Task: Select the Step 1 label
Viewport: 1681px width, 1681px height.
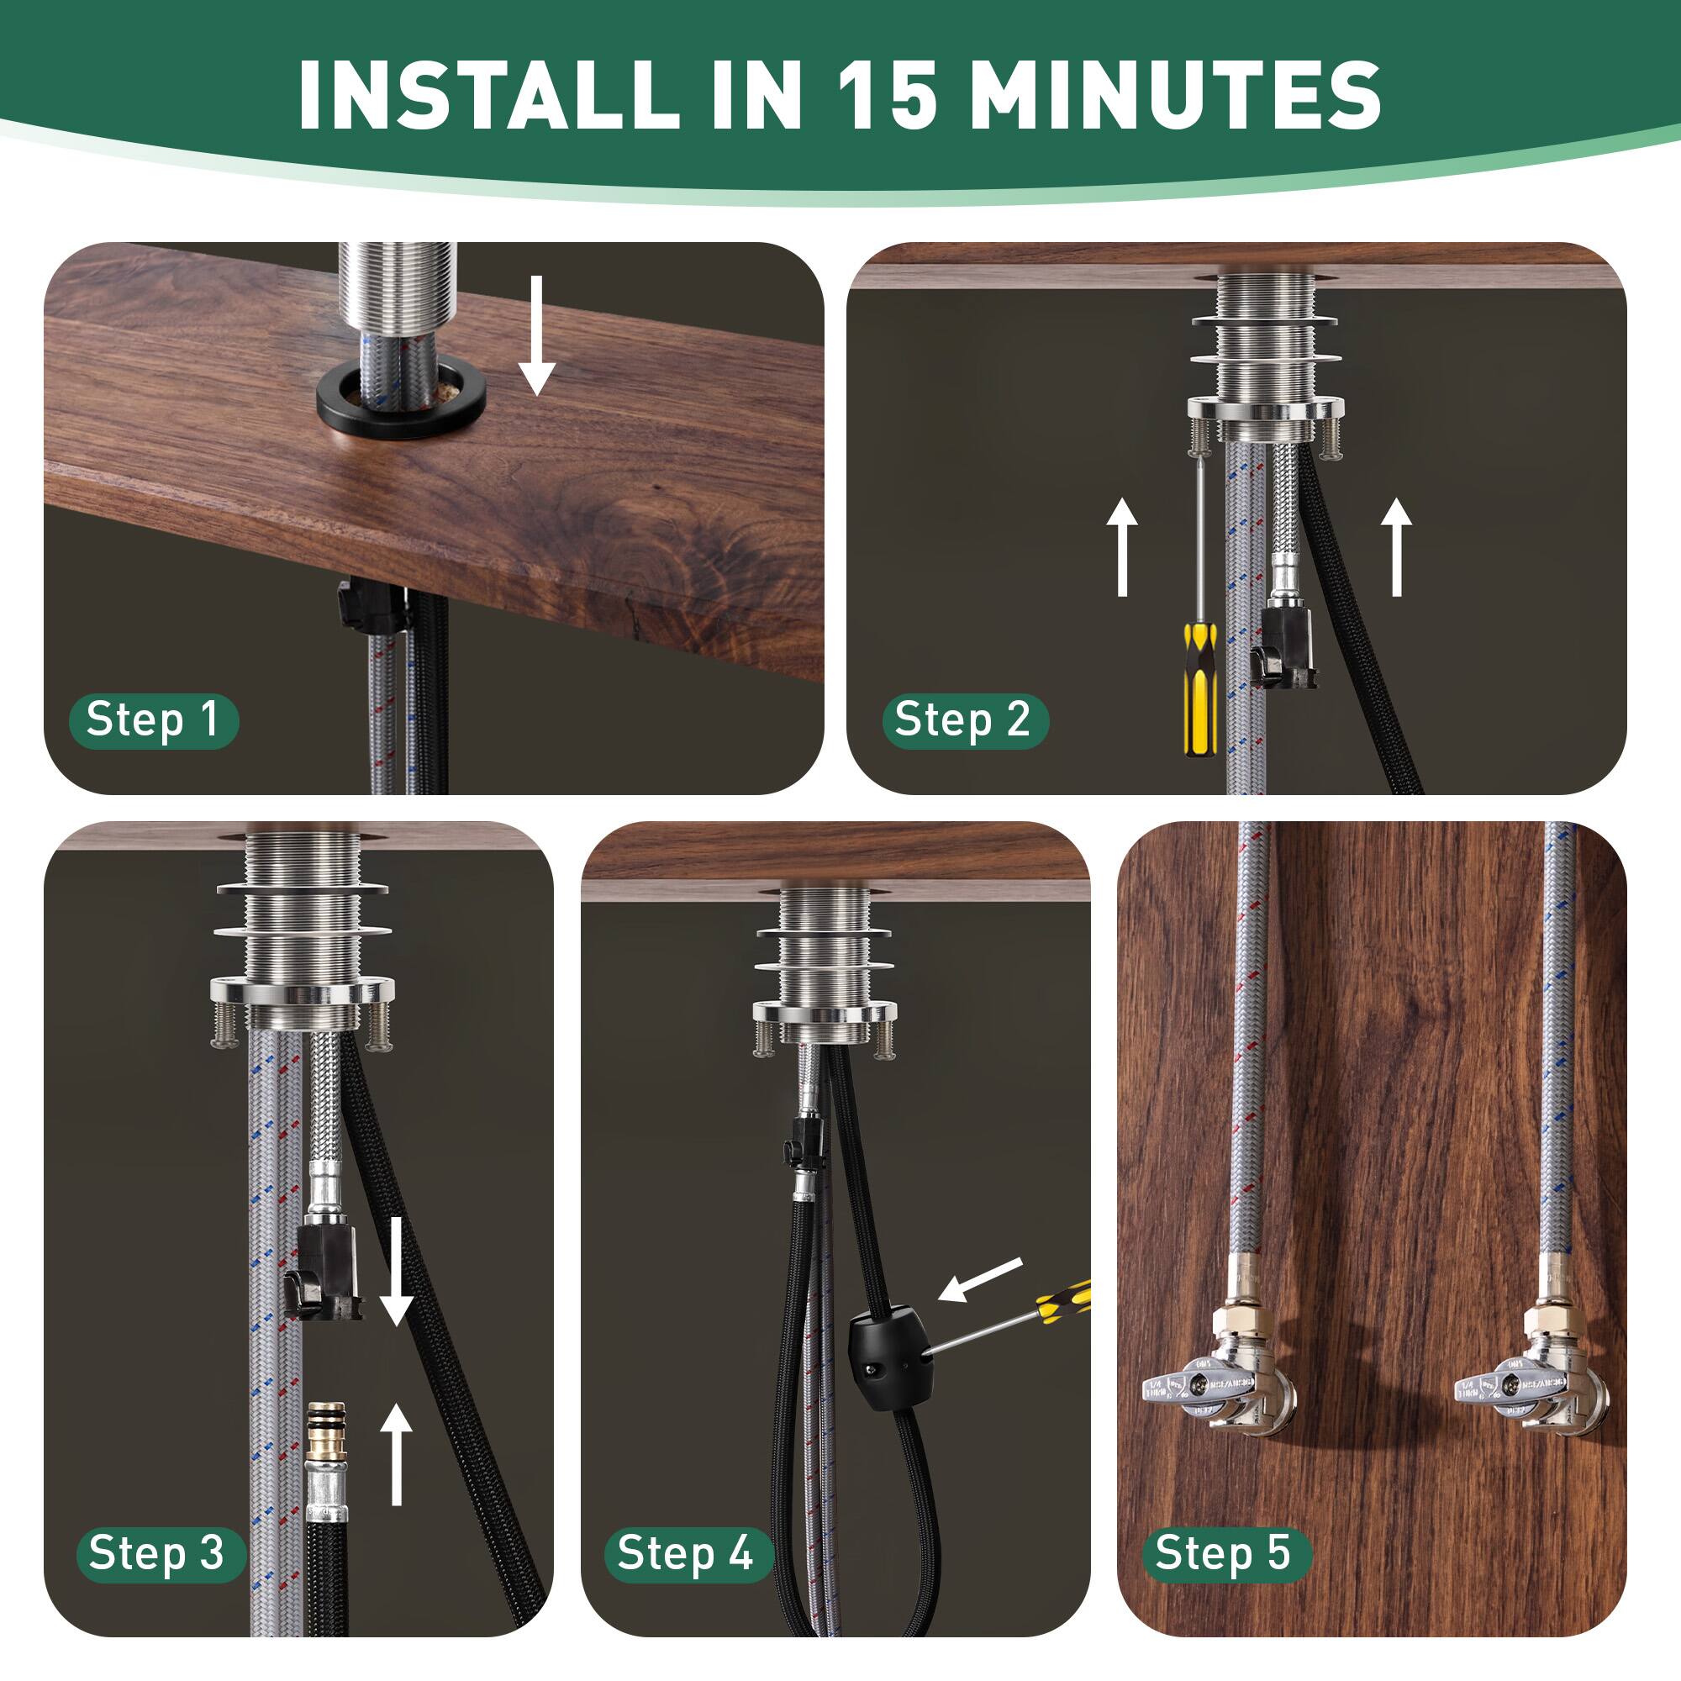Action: (153, 720)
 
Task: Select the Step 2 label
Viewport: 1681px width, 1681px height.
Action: (964, 720)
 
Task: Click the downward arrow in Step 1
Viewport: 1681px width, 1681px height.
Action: (537, 335)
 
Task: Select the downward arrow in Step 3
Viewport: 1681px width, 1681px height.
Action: (397, 1270)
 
